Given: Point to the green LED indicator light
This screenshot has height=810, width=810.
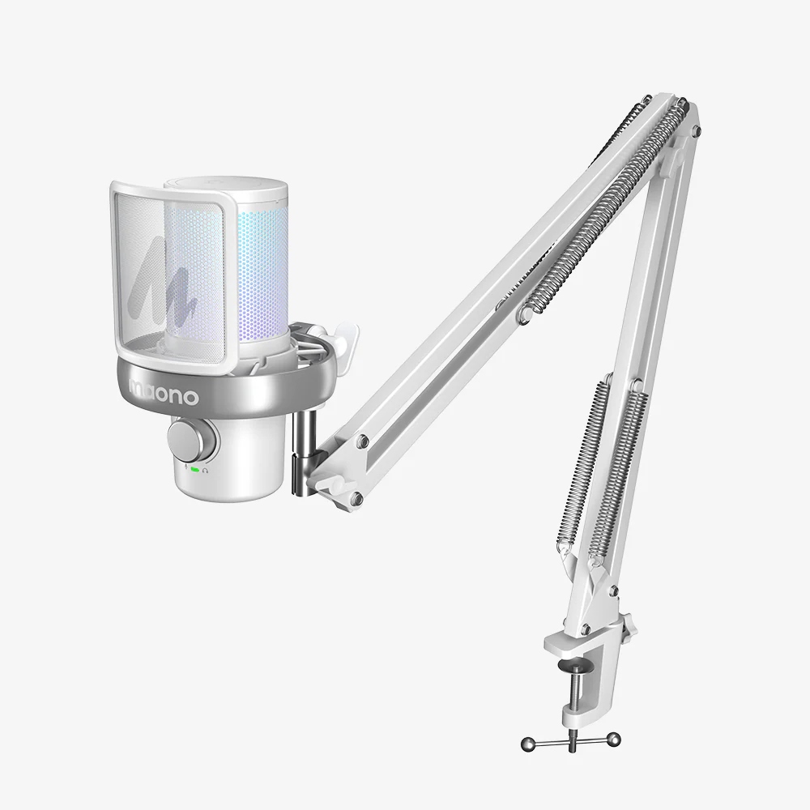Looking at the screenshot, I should coord(195,469).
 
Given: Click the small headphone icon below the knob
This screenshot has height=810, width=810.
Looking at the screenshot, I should coord(207,469).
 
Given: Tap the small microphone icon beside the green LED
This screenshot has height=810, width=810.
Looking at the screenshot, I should coord(185,468).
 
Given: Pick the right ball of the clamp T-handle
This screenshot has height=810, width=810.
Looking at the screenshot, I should coord(615,738).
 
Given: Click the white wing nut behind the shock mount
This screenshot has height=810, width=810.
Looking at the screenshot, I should coord(344,333).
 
